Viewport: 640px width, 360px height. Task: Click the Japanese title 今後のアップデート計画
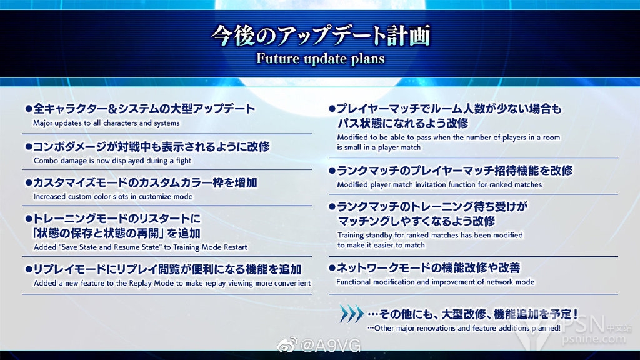tap(321, 36)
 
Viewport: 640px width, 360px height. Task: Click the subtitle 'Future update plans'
tap(321, 58)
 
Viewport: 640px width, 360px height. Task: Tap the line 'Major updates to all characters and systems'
tap(106, 123)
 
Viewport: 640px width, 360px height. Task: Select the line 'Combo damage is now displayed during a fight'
tap(112, 161)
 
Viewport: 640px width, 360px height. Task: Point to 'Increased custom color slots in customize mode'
tap(113, 196)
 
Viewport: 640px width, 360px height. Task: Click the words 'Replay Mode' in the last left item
tap(156, 283)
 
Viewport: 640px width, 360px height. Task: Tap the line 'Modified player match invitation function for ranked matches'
tap(439, 184)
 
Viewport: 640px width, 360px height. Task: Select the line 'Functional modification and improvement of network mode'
tap(436, 282)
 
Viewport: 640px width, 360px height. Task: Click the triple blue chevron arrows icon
tap(351, 314)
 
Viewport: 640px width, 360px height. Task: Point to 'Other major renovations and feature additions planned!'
tap(464, 327)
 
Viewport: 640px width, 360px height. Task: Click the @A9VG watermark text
tap(331, 346)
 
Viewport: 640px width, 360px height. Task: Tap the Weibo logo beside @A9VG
tap(287, 346)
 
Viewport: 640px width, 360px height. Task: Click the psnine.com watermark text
tap(594, 339)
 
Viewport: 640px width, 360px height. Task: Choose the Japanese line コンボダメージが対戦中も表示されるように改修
tap(147, 146)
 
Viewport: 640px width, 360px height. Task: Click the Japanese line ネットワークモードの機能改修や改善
tap(424, 267)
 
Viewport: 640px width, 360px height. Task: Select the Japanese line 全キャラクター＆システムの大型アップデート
tap(141, 109)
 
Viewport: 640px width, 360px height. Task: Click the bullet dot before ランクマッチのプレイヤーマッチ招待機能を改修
tap(332, 171)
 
